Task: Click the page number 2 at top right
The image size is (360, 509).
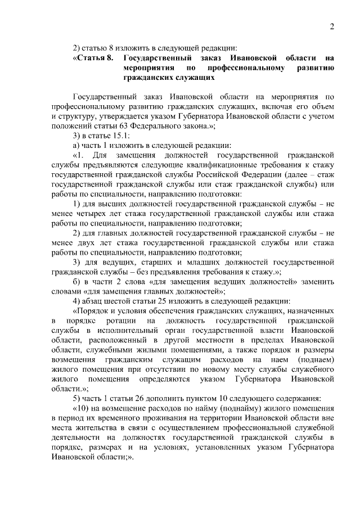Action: point(332,26)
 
